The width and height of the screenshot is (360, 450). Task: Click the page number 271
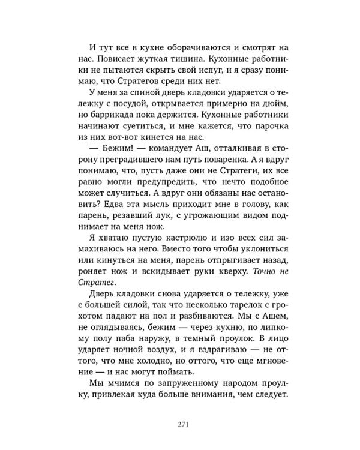(184, 424)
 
